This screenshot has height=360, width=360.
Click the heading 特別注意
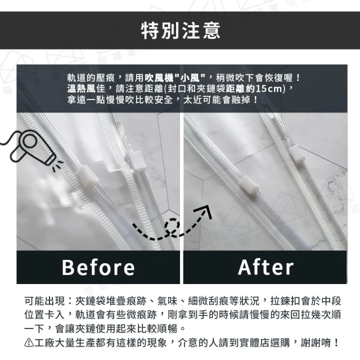181,30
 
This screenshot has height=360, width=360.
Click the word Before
98,267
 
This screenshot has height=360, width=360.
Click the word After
265,267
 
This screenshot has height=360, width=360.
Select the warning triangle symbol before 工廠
29,343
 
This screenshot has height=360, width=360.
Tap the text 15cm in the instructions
269,89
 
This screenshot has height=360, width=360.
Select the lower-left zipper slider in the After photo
249,185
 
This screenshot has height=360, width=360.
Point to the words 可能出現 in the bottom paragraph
44,301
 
